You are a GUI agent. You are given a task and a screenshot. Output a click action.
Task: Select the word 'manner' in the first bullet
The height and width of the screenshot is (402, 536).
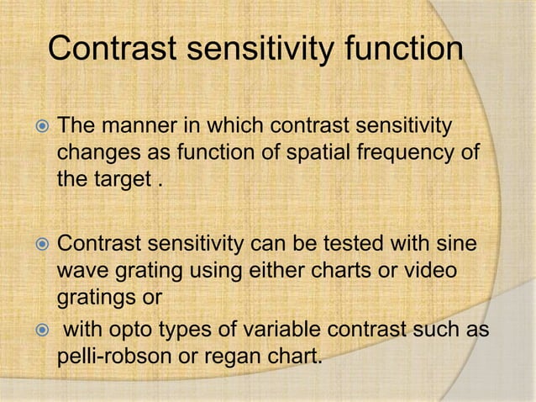(x=144, y=127)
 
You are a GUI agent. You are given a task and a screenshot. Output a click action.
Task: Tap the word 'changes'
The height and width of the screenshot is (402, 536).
(x=94, y=154)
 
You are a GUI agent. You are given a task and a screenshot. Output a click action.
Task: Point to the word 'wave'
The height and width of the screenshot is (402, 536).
(x=82, y=272)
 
